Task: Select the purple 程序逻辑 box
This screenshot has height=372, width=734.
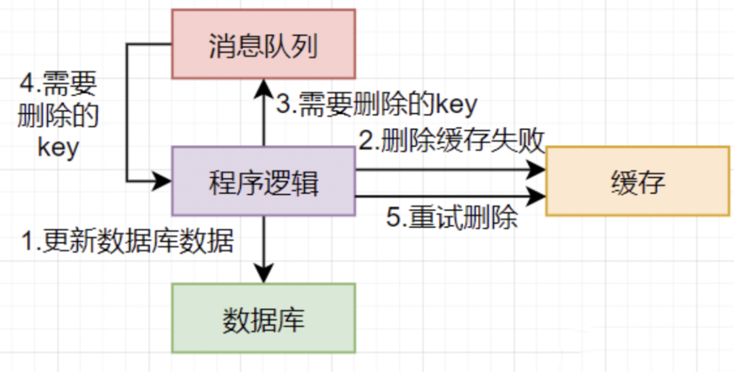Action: point(263,182)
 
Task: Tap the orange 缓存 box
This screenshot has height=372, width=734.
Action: point(637,182)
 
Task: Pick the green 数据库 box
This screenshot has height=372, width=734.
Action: point(263,318)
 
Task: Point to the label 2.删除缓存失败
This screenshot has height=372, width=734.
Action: point(451,141)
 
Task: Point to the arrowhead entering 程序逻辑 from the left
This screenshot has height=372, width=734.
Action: point(163,181)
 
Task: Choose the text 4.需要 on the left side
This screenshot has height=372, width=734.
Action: point(58,85)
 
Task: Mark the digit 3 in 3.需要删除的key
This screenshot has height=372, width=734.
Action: point(283,104)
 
